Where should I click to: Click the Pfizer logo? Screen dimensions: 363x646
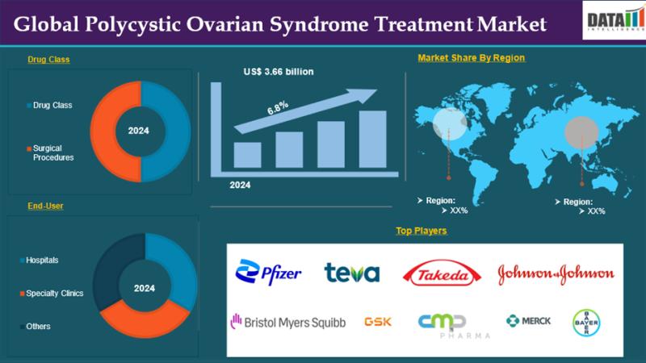(x=268, y=273)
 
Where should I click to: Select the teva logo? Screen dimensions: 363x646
(x=351, y=273)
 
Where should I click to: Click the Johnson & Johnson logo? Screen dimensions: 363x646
(x=556, y=273)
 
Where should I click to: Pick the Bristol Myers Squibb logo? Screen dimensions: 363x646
(x=287, y=322)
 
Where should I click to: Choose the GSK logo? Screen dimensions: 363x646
(x=379, y=321)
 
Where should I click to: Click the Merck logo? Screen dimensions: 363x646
(x=529, y=320)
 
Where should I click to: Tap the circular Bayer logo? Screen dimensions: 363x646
(x=586, y=322)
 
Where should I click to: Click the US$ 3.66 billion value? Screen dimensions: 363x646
(x=279, y=72)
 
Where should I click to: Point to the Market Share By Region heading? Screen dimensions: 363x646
(x=471, y=58)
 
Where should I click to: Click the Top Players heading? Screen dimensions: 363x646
(x=421, y=231)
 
